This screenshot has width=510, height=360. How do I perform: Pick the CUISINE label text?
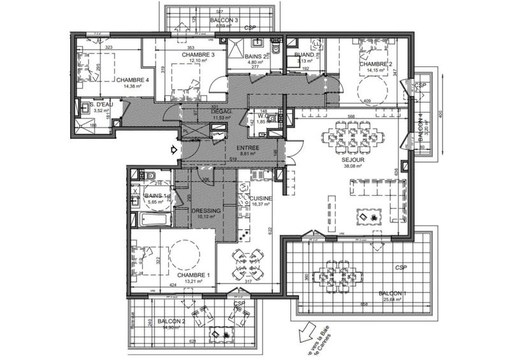coord(261,199)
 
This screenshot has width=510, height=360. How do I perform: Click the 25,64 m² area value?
coord(393,300)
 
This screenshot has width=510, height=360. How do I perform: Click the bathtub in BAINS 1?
coord(153,220)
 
